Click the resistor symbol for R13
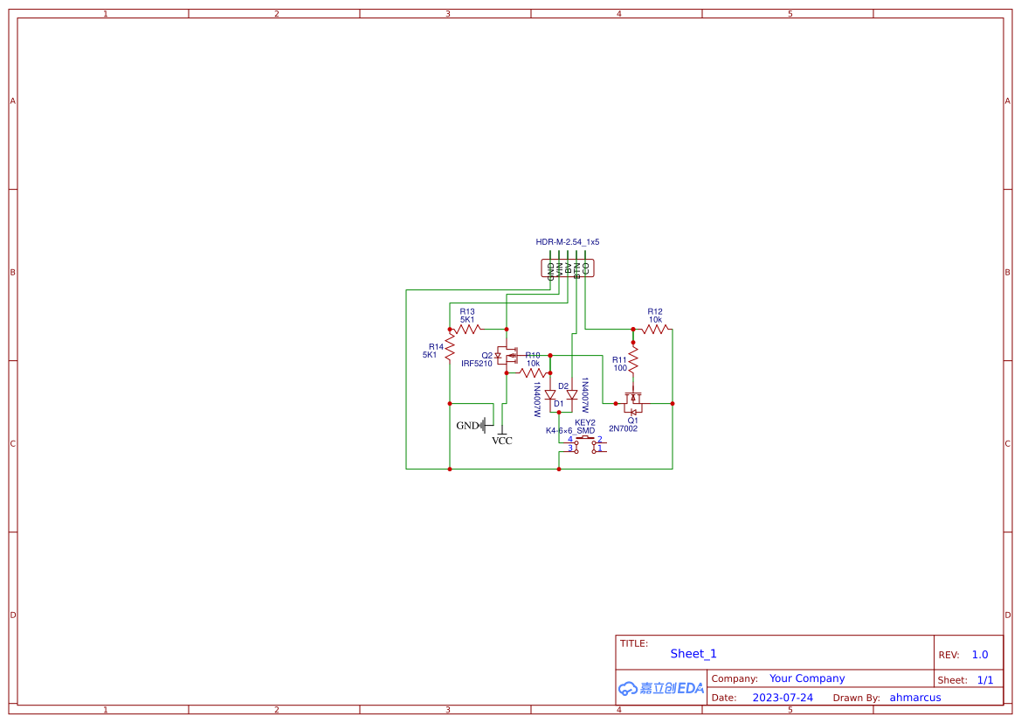tap(467, 330)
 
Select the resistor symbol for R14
tap(450, 347)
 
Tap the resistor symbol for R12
tap(655, 330)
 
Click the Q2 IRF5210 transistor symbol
tap(506, 356)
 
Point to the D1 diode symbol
tap(550, 395)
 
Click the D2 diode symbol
tap(572, 395)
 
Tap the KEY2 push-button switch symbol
tap(585, 445)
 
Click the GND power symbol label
tap(468, 426)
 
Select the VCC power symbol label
tap(502, 441)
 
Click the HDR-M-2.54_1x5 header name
tap(568, 242)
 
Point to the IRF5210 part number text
tap(477, 363)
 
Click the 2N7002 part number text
tap(623, 429)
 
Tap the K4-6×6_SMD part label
tap(569, 431)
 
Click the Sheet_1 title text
tap(693, 654)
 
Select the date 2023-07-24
tap(783, 698)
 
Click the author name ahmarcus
tap(915, 698)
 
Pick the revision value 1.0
tap(980, 655)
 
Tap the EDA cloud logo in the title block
tap(660, 688)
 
